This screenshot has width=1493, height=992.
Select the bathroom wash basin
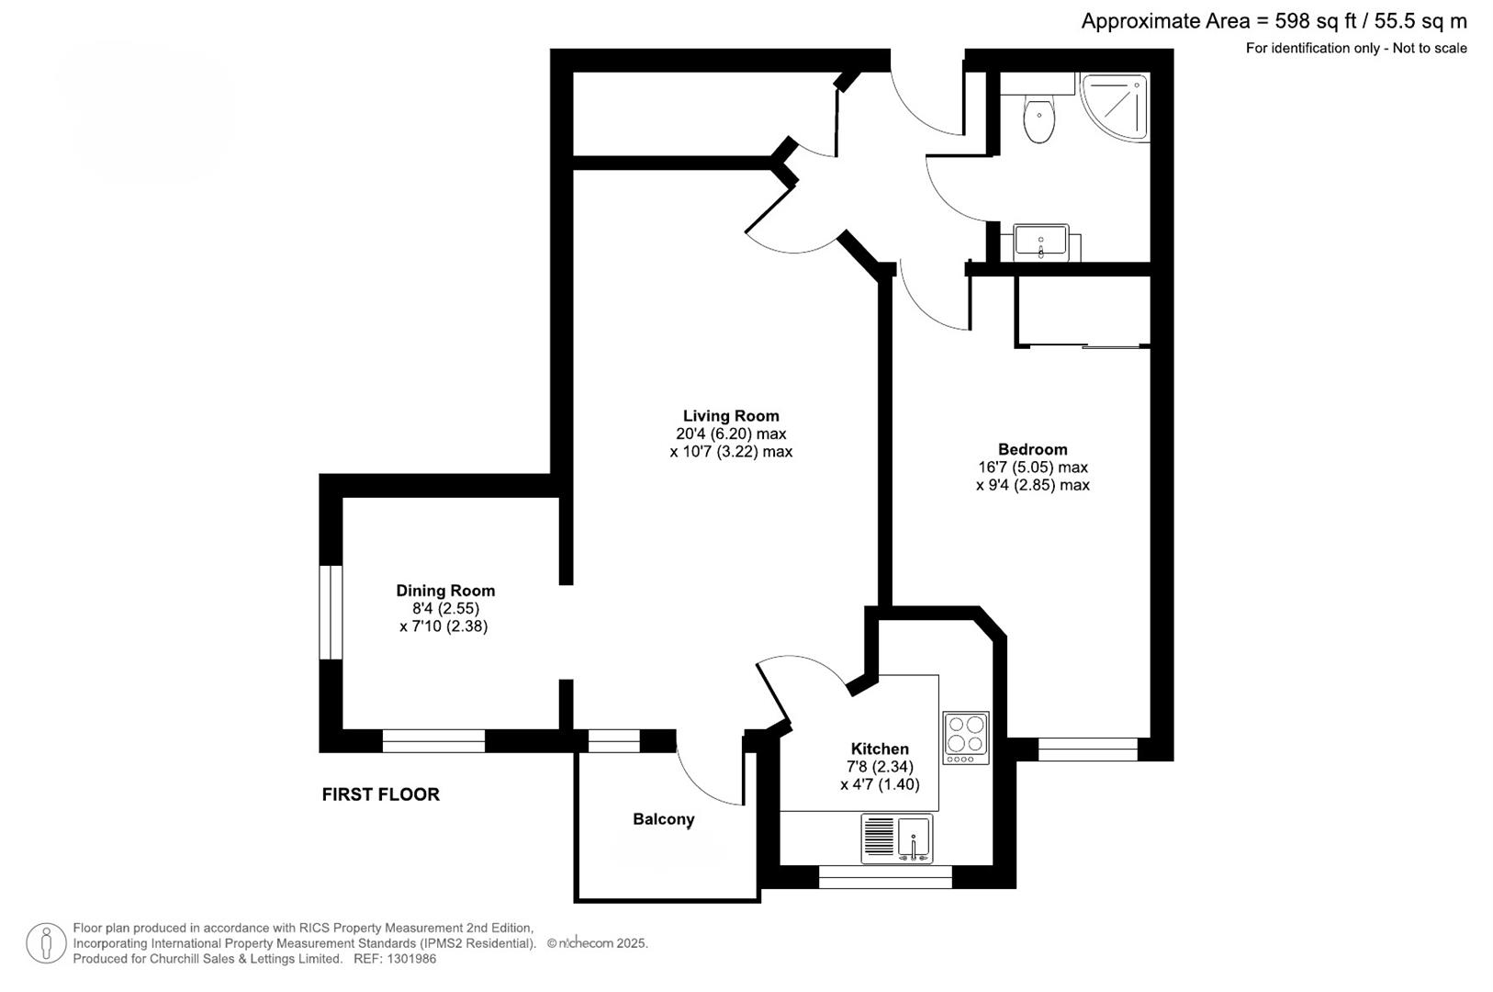1041,242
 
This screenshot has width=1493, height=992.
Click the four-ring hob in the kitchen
966,738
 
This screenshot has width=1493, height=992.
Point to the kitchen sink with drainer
896,839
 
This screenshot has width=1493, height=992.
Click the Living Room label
731,416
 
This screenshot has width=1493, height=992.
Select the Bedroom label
1033,449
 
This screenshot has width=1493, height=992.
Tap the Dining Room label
445,591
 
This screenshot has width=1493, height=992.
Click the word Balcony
664,819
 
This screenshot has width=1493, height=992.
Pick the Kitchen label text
880,749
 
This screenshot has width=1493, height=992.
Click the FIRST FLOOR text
380,795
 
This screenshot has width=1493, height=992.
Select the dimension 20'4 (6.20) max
731,434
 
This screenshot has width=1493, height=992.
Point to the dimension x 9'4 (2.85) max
1033,485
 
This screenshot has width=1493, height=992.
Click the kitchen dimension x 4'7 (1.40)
880,784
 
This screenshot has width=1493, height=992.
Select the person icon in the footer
46,943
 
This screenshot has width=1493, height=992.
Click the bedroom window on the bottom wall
1088,750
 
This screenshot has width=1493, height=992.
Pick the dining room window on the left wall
331,612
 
